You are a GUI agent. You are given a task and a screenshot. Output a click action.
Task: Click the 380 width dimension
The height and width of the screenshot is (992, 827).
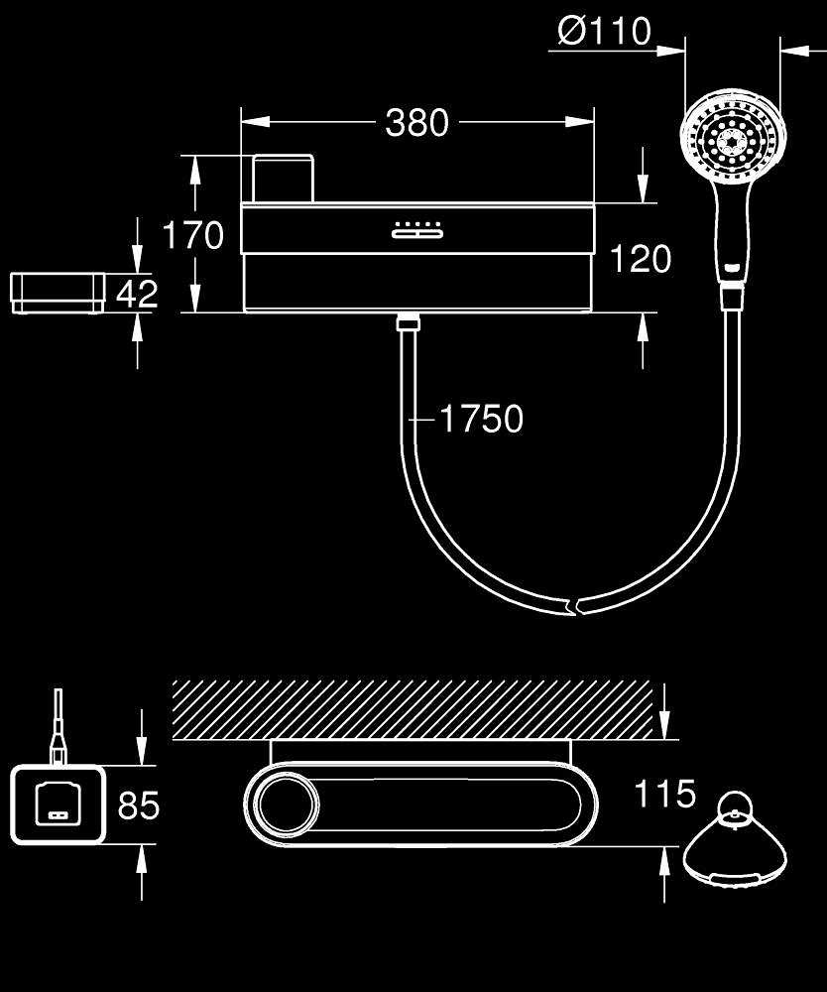[416, 123]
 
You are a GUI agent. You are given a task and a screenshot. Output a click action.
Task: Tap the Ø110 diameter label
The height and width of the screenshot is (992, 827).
[604, 32]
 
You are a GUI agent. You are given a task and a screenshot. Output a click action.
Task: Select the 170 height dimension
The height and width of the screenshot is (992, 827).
[193, 236]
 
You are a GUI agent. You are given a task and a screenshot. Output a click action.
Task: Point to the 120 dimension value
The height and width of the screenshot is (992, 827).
[640, 259]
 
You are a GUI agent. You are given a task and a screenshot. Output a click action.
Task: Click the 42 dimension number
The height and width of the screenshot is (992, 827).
[137, 295]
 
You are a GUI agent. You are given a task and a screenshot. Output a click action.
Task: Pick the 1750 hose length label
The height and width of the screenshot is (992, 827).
[480, 420]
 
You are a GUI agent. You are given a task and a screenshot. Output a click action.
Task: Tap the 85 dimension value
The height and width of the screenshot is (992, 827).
[139, 806]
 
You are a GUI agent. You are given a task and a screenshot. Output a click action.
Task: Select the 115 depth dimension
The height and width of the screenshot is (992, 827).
[665, 794]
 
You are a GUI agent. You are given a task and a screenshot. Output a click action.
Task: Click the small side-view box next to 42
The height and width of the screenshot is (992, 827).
[59, 292]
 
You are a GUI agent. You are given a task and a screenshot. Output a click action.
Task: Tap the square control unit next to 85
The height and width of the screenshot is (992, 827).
[58, 805]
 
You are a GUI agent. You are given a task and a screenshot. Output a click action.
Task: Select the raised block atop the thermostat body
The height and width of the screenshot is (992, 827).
[283, 179]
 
